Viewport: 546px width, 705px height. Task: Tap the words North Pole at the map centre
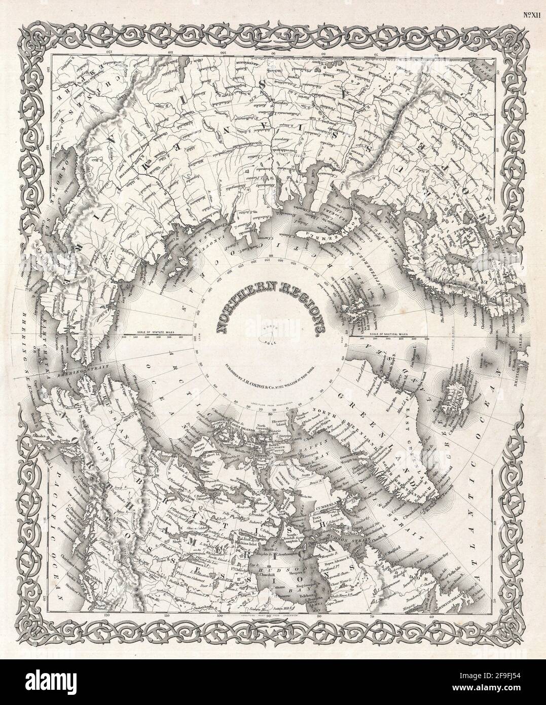(273, 332)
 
